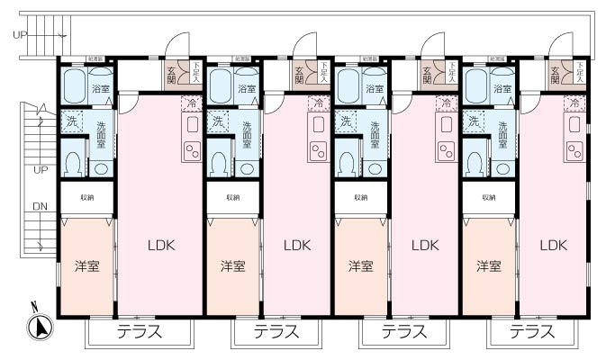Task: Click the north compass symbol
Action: click(x=38, y=327)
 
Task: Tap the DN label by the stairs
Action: click(x=40, y=206)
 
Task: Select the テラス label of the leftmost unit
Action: click(x=140, y=332)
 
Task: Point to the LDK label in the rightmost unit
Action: click(x=553, y=245)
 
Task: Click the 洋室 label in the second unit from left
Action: click(x=233, y=265)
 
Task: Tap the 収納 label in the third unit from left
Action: click(x=361, y=197)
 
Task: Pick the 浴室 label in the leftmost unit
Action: click(x=101, y=89)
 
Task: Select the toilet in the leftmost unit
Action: click(x=73, y=163)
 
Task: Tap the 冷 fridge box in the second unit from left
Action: click(x=318, y=104)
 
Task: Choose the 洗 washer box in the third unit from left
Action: click(x=346, y=121)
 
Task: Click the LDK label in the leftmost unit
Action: click(x=160, y=245)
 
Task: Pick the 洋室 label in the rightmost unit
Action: click(x=489, y=265)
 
